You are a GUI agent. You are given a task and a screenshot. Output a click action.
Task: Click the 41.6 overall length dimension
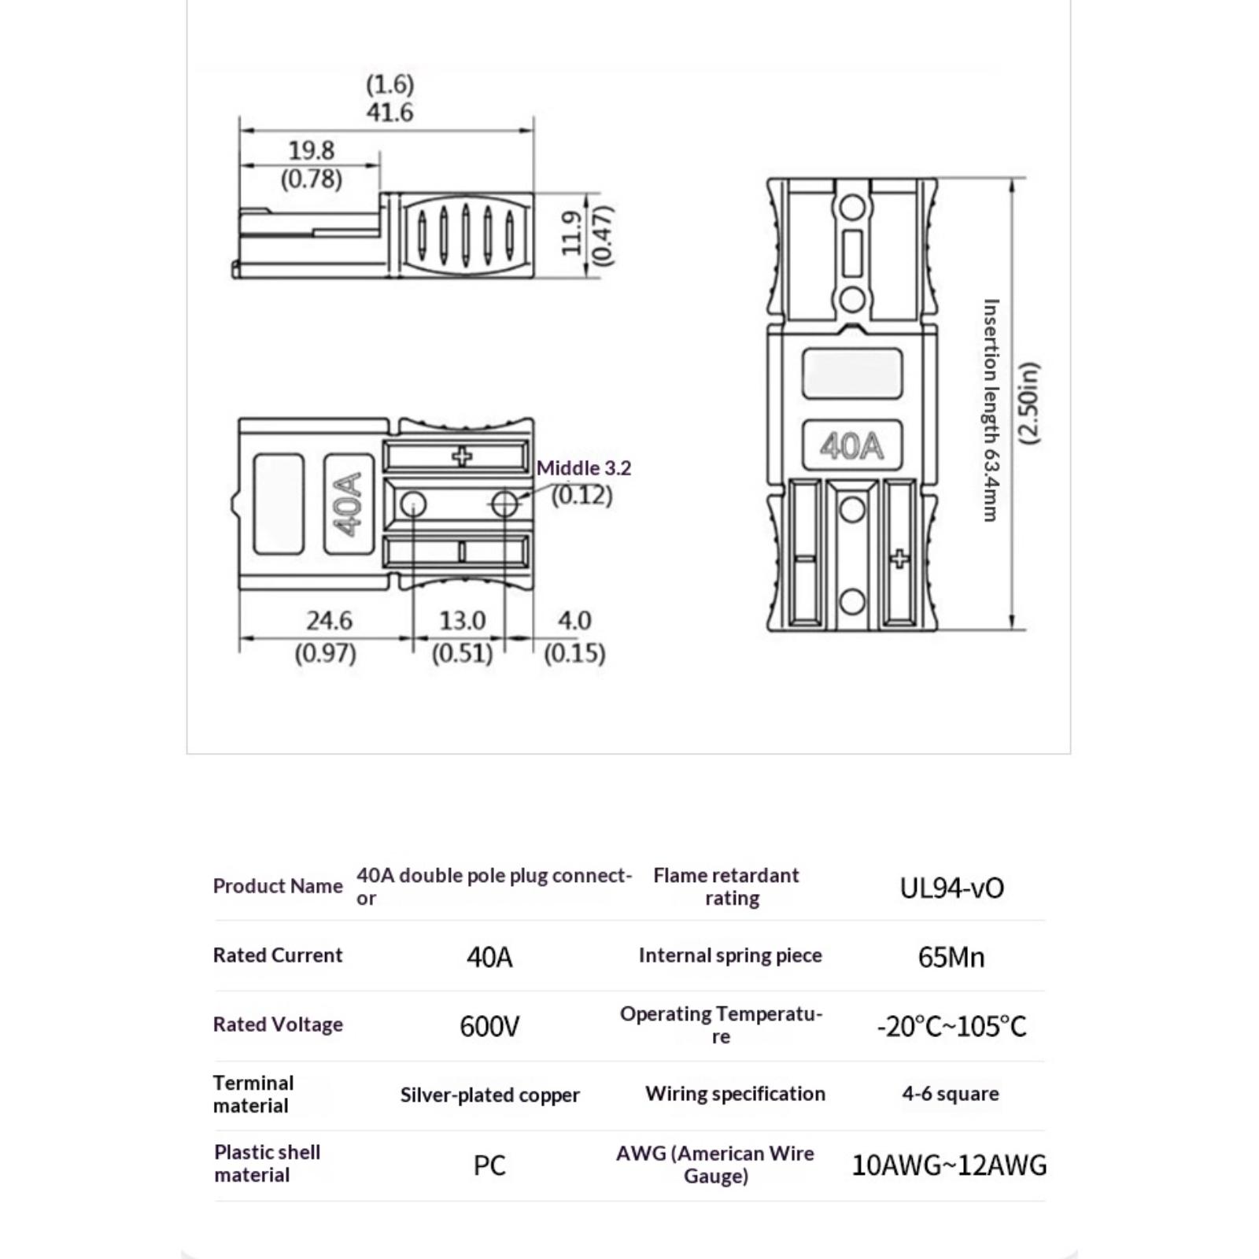click(390, 113)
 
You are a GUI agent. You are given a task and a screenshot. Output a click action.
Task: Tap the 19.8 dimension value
click(312, 150)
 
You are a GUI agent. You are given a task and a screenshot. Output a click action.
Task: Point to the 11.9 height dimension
click(572, 233)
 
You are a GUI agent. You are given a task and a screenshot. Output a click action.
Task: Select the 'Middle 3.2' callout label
click(584, 468)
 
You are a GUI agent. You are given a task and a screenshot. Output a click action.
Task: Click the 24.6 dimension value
click(329, 621)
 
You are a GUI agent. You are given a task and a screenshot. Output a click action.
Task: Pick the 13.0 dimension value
click(462, 621)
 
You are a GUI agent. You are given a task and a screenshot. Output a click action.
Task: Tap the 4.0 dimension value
click(574, 621)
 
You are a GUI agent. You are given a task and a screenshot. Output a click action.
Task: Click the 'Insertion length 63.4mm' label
click(991, 410)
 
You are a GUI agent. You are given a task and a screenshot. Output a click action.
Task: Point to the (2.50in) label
click(1029, 404)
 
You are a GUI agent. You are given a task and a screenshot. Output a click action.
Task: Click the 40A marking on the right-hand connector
click(851, 446)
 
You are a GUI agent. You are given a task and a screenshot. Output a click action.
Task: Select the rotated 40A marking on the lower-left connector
click(349, 504)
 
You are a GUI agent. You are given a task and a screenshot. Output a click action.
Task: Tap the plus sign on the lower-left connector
click(463, 456)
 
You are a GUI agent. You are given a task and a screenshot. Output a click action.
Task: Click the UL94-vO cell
click(951, 888)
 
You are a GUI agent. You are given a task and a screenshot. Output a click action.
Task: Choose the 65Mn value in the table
click(951, 957)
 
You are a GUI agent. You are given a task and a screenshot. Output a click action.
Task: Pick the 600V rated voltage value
click(489, 1026)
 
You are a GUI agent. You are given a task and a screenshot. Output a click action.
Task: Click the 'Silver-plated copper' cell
click(489, 1095)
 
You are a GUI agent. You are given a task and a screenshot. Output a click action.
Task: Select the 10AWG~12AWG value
click(949, 1165)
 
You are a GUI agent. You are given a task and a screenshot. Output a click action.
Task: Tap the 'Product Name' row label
click(278, 886)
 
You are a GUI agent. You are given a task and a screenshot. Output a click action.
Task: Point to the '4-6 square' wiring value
click(951, 1094)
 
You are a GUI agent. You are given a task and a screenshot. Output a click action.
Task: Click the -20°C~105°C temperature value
click(951, 1026)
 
